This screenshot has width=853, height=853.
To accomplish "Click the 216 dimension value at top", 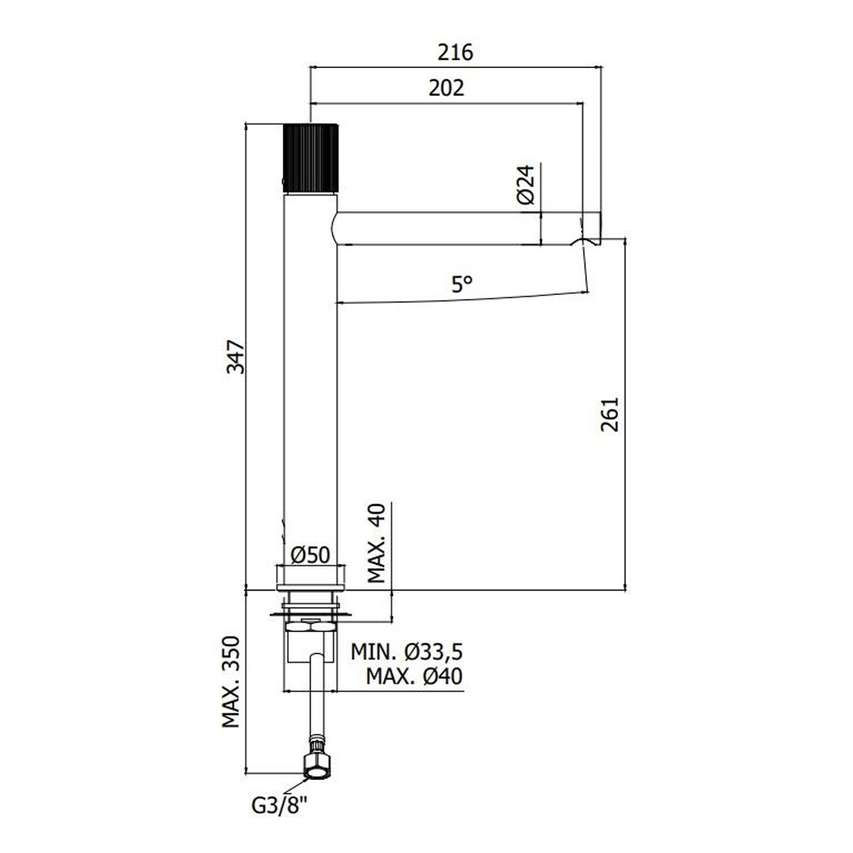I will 455,52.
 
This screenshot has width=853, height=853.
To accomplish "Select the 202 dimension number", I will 446,88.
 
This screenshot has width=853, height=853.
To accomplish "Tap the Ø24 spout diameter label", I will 525,185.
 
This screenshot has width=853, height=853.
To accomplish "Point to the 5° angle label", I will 462,283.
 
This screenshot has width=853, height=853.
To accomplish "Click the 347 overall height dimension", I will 235,357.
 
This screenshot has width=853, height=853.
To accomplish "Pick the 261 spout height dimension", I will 610,414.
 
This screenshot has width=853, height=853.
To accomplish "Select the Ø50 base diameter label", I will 310,555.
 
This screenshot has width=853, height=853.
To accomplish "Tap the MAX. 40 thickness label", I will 377,544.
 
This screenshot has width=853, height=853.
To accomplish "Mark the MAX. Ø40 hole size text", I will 414,677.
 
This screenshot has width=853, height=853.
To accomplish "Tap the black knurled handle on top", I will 310,158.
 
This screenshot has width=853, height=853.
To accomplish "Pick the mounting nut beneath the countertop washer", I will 310,627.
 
